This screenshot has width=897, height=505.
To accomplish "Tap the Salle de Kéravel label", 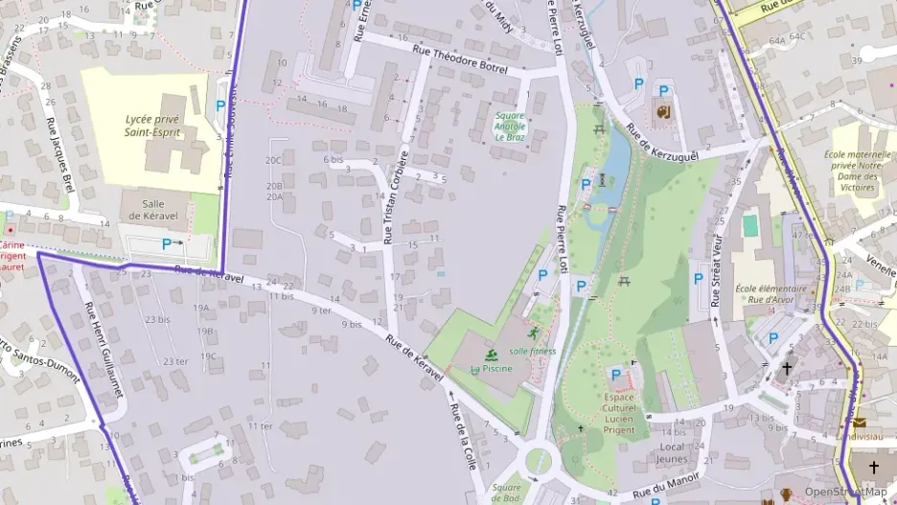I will [x=153, y=210].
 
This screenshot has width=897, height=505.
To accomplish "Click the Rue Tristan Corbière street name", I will [x=395, y=196].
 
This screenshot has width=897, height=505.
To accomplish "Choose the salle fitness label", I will [x=532, y=351].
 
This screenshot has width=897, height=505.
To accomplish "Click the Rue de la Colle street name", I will [x=462, y=433].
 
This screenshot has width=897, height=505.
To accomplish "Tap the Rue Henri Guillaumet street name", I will [x=99, y=336].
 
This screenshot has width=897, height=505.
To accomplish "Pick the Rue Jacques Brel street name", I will [x=60, y=153].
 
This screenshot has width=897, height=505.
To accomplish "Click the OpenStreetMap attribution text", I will [x=846, y=492].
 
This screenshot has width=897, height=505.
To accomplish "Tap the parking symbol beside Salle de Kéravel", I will [x=167, y=244].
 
